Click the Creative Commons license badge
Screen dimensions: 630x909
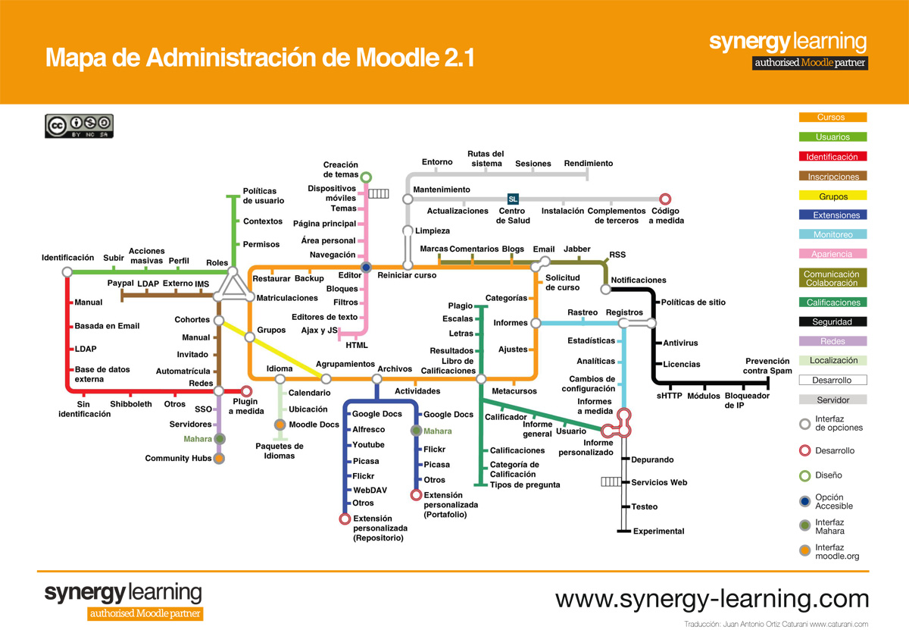[x=79, y=126]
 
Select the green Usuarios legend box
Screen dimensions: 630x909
[x=832, y=137]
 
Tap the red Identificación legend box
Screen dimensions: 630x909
[x=832, y=157]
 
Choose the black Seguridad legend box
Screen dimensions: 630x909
[x=832, y=321]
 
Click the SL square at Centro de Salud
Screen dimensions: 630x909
[x=513, y=199]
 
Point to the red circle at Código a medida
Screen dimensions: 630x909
[x=665, y=199]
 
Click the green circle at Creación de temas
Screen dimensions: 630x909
[x=366, y=177]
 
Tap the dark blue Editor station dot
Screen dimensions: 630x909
[x=366, y=267]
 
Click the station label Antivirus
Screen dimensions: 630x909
[x=680, y=343]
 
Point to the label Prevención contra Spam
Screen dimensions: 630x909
[x=767, y=366]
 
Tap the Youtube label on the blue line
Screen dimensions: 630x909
[x=368, y=445]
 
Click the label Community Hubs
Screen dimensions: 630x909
[x=178, y=459]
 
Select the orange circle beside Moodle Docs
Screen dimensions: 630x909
[x=280, y=425]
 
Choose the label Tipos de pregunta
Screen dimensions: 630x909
[x=525, y=484]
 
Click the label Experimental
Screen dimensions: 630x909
[x=658, y=531]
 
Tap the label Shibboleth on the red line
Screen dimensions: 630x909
[x=131, y=404]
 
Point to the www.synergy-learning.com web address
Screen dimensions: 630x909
[x=712, y=599]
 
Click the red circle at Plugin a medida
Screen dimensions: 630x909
[x=245, y=391]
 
